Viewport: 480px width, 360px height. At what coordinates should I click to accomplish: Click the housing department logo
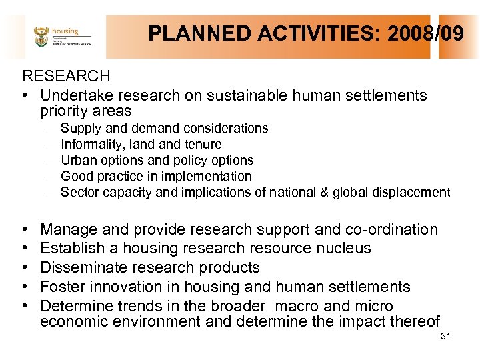click(61, 36)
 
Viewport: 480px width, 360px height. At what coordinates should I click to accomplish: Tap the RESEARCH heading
click(66, 77)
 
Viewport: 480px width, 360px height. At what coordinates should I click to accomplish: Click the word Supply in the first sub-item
click(80, 128)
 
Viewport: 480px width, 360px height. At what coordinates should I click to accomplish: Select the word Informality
click(91, 144)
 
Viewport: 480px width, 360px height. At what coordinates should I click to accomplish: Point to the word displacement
click(419, 192)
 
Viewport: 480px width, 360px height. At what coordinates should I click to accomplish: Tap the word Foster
click(62, 287)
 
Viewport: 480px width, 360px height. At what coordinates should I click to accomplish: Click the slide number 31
click(446, 336)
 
